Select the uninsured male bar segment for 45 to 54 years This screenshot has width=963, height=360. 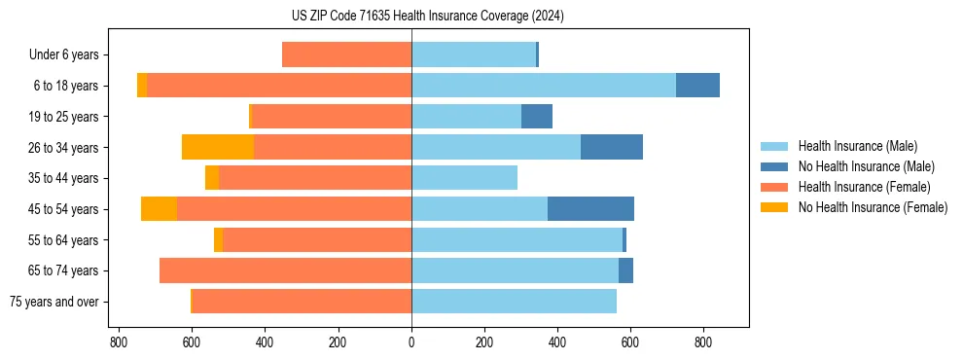(x=590, y=209)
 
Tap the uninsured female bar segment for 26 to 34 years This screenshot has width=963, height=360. (x=218, y=147)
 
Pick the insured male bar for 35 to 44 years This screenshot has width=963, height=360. (x=464, y=178)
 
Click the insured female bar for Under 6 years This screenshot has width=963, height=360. (x=346, y=54)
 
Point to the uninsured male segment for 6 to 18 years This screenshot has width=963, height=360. (x=697, y=86)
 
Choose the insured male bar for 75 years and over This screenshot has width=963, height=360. (x=514, y=302)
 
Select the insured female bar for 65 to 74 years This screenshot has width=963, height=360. (x=285, y=270)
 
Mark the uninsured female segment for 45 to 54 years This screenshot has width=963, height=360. (x=159, y=209)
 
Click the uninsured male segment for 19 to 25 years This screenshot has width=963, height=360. (x=537, y=117)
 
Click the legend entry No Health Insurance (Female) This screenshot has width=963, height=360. (x=873, y=207)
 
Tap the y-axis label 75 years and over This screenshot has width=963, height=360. (x=54, y=302)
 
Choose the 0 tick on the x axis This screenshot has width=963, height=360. (x=411, y=342)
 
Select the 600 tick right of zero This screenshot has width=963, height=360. (x=630, y=342)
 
